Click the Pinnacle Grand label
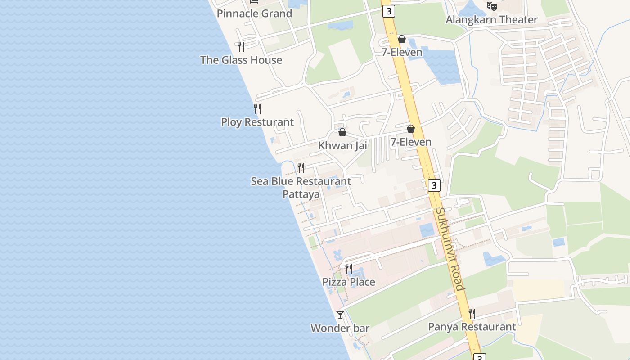[x=254, y=13]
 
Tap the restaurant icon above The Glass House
[x=241, y=46]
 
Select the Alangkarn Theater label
[x=491, y=20]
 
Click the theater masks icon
[x=491, y=6]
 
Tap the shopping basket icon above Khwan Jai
[x=342, y=132]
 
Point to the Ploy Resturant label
[x=257, y=122]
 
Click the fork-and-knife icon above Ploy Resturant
[x=257, y=108]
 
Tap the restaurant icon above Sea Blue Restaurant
[x=301, y=168]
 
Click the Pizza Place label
[x=348, y=282]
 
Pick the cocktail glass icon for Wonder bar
[x=340, y=315]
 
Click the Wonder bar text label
[x=340, y=328]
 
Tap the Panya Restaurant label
[x=472, y=327]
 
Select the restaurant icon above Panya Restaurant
[x=472, y=313]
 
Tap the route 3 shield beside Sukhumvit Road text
[x=433, y=185]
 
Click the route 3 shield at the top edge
[x=388, y=11]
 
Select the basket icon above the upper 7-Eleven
[x=402, y=40]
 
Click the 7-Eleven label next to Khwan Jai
[x=410, y=142]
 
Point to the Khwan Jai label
[x=342, y=145]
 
